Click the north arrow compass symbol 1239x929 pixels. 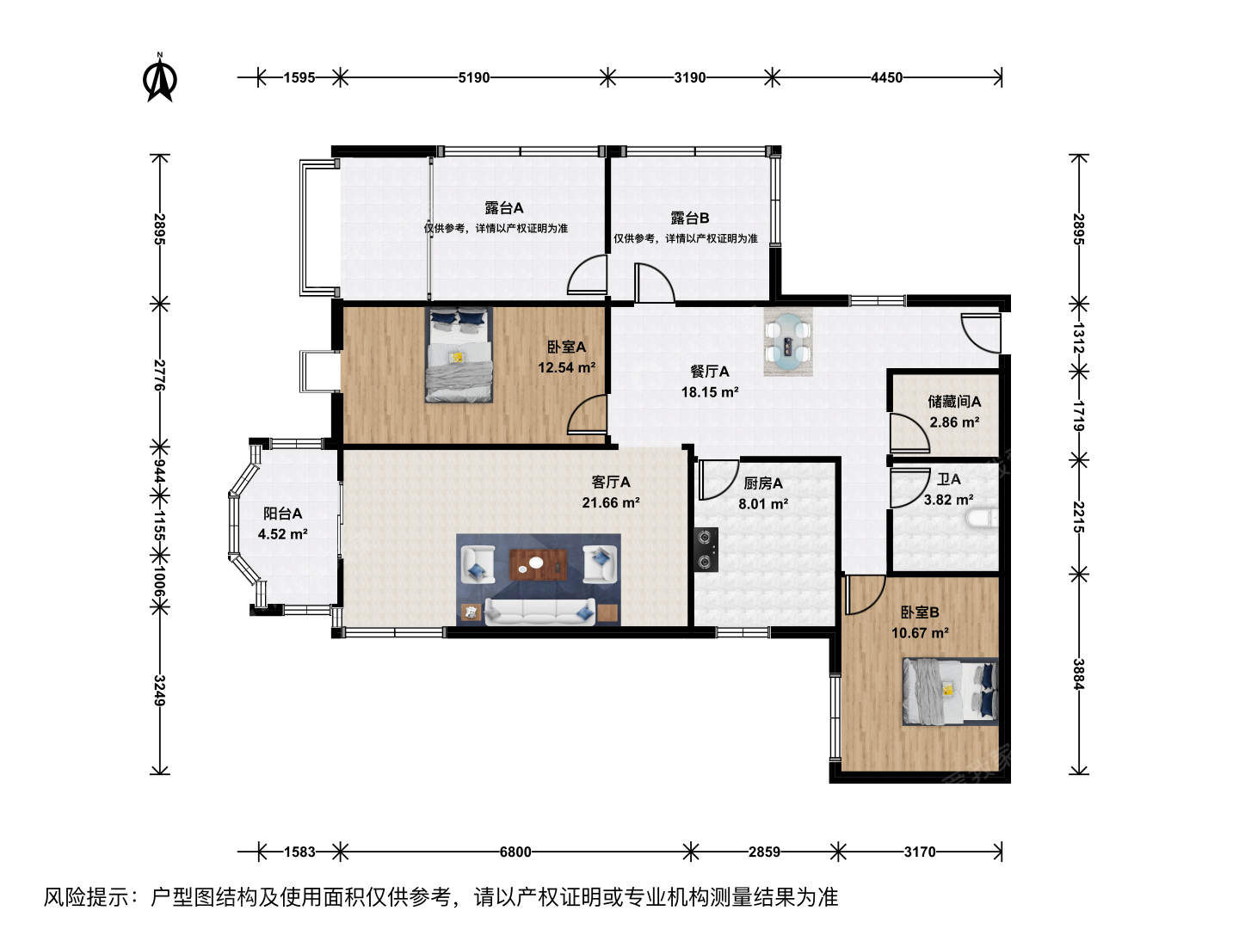point(160,77)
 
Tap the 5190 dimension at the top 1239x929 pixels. point(473,77)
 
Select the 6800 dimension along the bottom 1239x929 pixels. point(515,852)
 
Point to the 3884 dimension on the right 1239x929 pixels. point(1079,674)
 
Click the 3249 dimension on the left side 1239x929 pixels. point(160,691)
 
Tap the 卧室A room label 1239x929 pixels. point(566,347)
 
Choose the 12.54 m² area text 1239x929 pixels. point(566,368)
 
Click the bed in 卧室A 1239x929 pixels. point(459,354)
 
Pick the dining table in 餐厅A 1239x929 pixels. point(788,341)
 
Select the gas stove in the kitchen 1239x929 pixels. point(706,550)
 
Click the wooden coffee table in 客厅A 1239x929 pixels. point(539,564)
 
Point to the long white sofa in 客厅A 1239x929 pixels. point(540,612)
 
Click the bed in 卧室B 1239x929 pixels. point(950,692)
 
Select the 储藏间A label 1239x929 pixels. point(954,402)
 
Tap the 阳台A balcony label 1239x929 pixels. point(282,514)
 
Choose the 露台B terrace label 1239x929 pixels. point(689,218)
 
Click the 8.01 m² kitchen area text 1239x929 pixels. point(763,504)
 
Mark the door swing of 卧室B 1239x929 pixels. point(864,594)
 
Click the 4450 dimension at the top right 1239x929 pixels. point(886,77)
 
